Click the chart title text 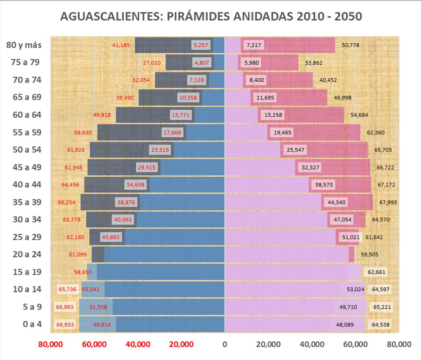(211, 16)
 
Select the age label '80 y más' (24, 45)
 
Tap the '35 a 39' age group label (27, 202)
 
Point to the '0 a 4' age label (32, 324)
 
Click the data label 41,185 (121, 45)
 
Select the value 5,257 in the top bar (201, 45)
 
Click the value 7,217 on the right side (253, 45)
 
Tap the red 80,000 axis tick (50, 344)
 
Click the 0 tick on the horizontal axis (225, 344)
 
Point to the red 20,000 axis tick (181, 344)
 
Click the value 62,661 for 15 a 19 (376, 272)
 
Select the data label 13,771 (181, 115)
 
